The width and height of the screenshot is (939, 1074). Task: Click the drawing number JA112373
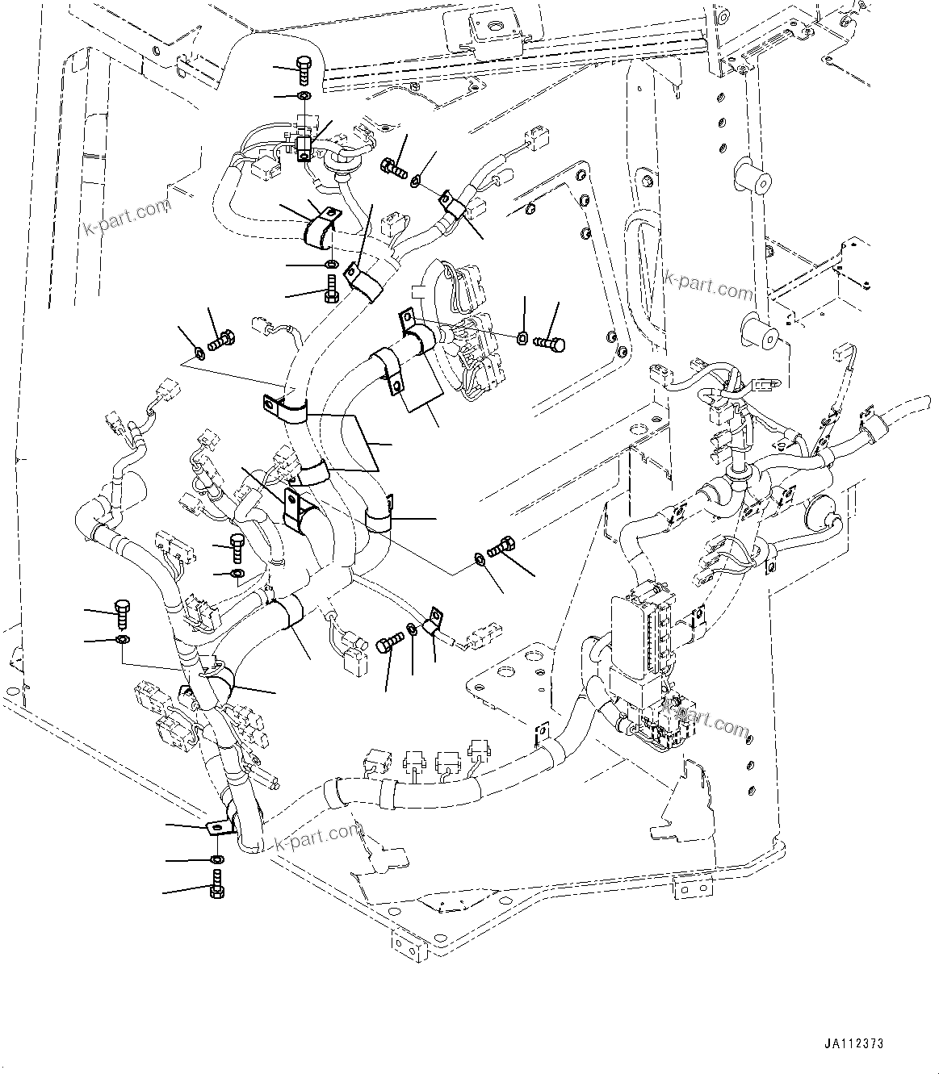tap(853, 1043)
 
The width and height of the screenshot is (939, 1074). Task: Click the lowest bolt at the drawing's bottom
tap(217, 885)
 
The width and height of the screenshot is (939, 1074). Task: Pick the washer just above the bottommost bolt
tap(216, 859)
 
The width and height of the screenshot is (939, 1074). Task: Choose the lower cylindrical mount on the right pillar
tap(757, 328)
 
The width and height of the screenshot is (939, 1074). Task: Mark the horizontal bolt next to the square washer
tap(550, 344)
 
